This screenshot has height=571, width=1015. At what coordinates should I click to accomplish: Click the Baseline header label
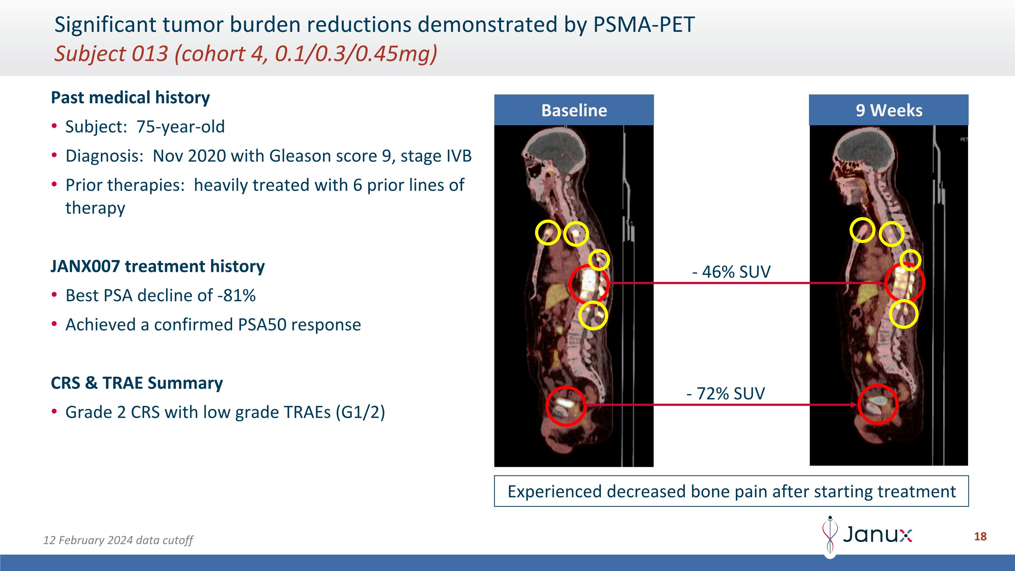574,110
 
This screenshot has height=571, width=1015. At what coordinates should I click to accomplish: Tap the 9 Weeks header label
889,110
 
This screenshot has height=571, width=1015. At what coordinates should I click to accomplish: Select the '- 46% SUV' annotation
731,271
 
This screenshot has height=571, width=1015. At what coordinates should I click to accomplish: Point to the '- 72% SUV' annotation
726,393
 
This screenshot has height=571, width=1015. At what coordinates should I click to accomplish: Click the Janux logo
867,535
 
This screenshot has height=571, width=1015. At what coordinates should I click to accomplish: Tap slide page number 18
980,536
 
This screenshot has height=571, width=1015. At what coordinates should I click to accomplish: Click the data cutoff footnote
118,540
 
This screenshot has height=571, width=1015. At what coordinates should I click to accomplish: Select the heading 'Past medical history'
130,97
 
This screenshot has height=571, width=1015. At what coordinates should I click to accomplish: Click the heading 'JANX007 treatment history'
158,266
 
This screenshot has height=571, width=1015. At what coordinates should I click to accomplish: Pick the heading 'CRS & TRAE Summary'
137,382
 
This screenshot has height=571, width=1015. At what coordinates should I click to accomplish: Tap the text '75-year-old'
180,127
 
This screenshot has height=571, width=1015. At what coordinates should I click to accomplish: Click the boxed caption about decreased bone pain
731,491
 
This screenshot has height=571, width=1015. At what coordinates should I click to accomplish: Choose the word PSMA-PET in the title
644,24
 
